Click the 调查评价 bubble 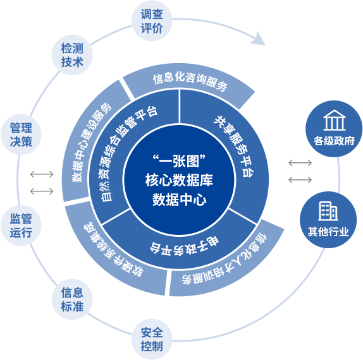[x=152, y=21]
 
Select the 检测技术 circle [x=72, y=55]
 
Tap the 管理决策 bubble [x=21, y=135]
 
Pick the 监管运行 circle [x=21, y=225]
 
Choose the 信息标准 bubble [x=72, y=299]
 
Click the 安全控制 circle [x=152, y=339]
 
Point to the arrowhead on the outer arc [x=259, y=39]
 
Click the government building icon [x=335, y=120]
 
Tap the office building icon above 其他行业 [x=328, y=211]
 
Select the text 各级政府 [x=334, y=141]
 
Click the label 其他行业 [x=328, y=232]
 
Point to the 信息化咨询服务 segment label [x=190, y=81]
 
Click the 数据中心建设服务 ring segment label [x=91, y=141]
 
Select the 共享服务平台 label [x=234, y=146]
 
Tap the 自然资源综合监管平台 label [x=128, y=153]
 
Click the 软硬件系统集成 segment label [x=113, y=249]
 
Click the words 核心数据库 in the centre [x=179, y=180]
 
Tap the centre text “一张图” [x=179, y=160]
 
